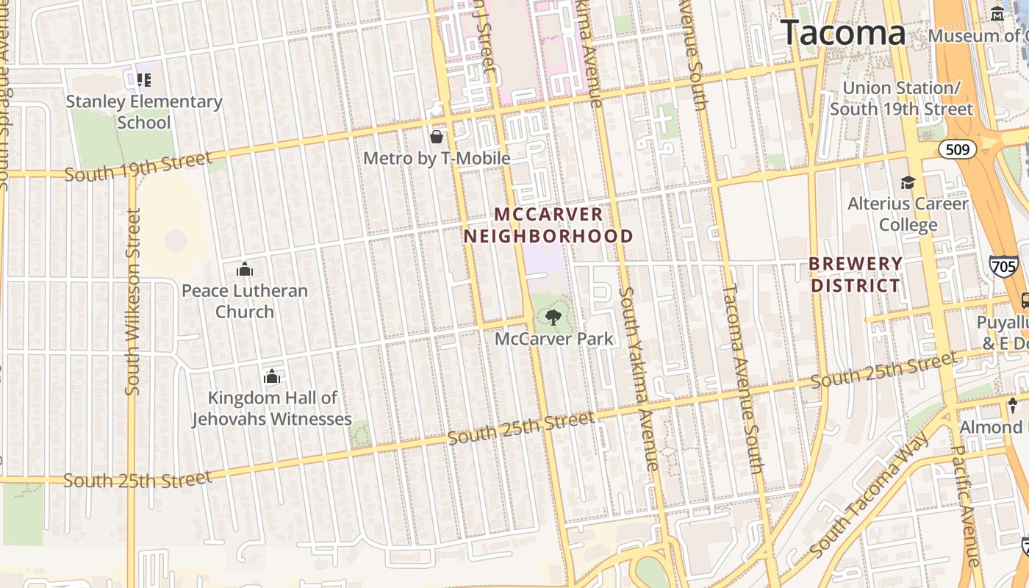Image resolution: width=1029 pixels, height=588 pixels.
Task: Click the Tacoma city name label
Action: pos(842,33)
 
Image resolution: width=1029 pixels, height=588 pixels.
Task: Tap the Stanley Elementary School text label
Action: pos(144,112)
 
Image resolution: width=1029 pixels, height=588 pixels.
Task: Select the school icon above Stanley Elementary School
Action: pos(143,79)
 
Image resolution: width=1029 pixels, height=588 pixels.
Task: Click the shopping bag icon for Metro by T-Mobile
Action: pos(437,137)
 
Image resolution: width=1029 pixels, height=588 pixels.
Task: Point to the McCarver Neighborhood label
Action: pos(548,225)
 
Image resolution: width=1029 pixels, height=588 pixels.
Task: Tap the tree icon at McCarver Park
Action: pos(553,318)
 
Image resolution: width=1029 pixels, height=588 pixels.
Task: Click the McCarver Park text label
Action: pos(553,339)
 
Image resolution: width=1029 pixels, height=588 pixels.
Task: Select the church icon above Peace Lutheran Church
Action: pos(245,270)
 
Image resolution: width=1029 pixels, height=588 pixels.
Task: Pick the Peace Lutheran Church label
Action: pos(245,301)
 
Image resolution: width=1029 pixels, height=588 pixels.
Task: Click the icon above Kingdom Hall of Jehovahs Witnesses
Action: pos(272,377)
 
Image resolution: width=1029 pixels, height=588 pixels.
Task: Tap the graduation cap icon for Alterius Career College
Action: pos(908,182)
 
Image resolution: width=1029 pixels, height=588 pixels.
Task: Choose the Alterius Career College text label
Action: pos(908,214)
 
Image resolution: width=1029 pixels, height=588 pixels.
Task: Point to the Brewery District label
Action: pos(856,274)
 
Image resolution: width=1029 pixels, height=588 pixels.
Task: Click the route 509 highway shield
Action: pos(957,150)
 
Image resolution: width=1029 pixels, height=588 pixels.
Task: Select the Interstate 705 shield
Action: pos(1003,265)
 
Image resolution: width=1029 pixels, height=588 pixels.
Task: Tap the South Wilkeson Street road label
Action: pos(133,301)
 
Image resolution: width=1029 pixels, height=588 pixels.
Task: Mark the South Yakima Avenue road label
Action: pos(638,379)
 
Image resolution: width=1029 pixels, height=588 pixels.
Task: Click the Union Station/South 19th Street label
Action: pos(901,98)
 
